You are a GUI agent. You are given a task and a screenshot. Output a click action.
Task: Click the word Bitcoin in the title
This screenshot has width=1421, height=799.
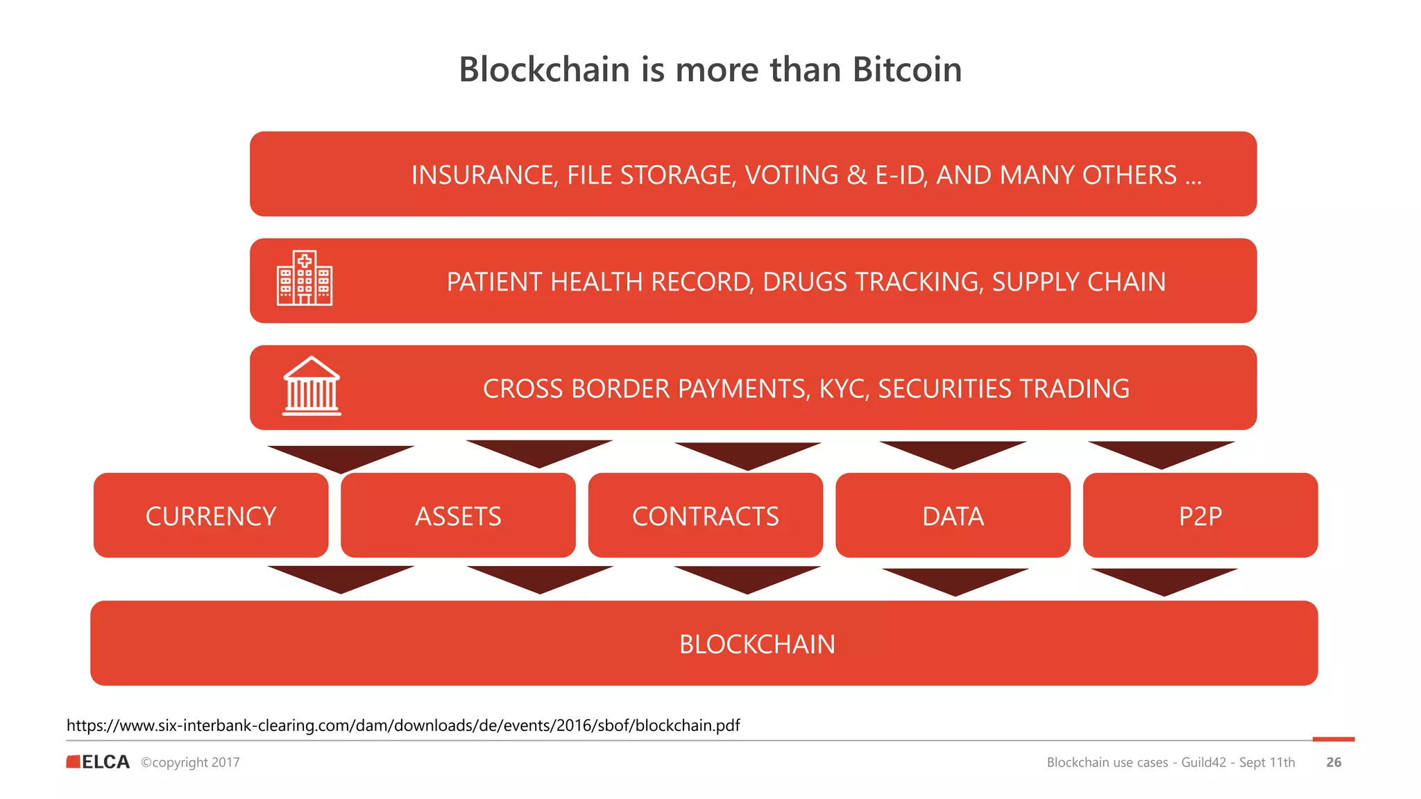pyautogui.click(x=906, y=69)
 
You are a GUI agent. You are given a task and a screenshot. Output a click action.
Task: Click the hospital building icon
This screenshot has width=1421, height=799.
pyautogui.click(x=305, y=278)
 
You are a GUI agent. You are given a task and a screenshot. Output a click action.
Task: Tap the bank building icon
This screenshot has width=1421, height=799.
pyautogui.click(x=312, y=386)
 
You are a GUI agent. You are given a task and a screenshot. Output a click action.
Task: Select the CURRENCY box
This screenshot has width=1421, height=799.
pyautogui.click(x=211, y=515)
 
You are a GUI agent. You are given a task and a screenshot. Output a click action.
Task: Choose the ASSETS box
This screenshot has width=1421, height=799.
pyautogui.click(x=458, y=515)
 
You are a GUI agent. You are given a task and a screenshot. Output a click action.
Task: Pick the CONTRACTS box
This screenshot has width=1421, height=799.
pyautogui.click(x=705, y=515)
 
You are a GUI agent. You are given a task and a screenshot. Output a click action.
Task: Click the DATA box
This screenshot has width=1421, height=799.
pyautogui.click(x=953, y=515)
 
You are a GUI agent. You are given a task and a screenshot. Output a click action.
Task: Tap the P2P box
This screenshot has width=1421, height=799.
pyautogui.click(x=1200, y=515)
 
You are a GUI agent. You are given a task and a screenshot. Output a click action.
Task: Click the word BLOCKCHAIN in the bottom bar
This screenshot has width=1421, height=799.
pyautogui.click(x=757, y=644)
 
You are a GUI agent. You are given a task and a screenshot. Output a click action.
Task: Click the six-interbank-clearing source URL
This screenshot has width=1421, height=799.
pyautogui.click(x=403, y=725)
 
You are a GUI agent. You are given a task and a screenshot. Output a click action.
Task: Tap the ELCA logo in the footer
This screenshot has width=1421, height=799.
pyautogui.click(x=99, y=762)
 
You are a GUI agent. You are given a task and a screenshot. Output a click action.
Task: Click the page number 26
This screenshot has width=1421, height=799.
pyautogui.click(x=1334, y=762)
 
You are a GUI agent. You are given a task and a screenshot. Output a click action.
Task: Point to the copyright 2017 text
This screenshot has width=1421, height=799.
pyautogui.click(x=191, y=762)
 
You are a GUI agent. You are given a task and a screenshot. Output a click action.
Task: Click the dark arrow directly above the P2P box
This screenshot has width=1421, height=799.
pyautogui.click(x=1161, y=453)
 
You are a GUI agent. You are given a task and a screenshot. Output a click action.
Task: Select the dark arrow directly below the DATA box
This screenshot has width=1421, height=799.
pyautogui.click(x=955, y=580)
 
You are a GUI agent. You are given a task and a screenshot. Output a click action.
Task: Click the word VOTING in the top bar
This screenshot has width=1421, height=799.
pyautogui.click(x=792, y=175)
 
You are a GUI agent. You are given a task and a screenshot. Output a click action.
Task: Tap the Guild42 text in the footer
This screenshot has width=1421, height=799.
pyautogui.click(x=1203, y=762)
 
